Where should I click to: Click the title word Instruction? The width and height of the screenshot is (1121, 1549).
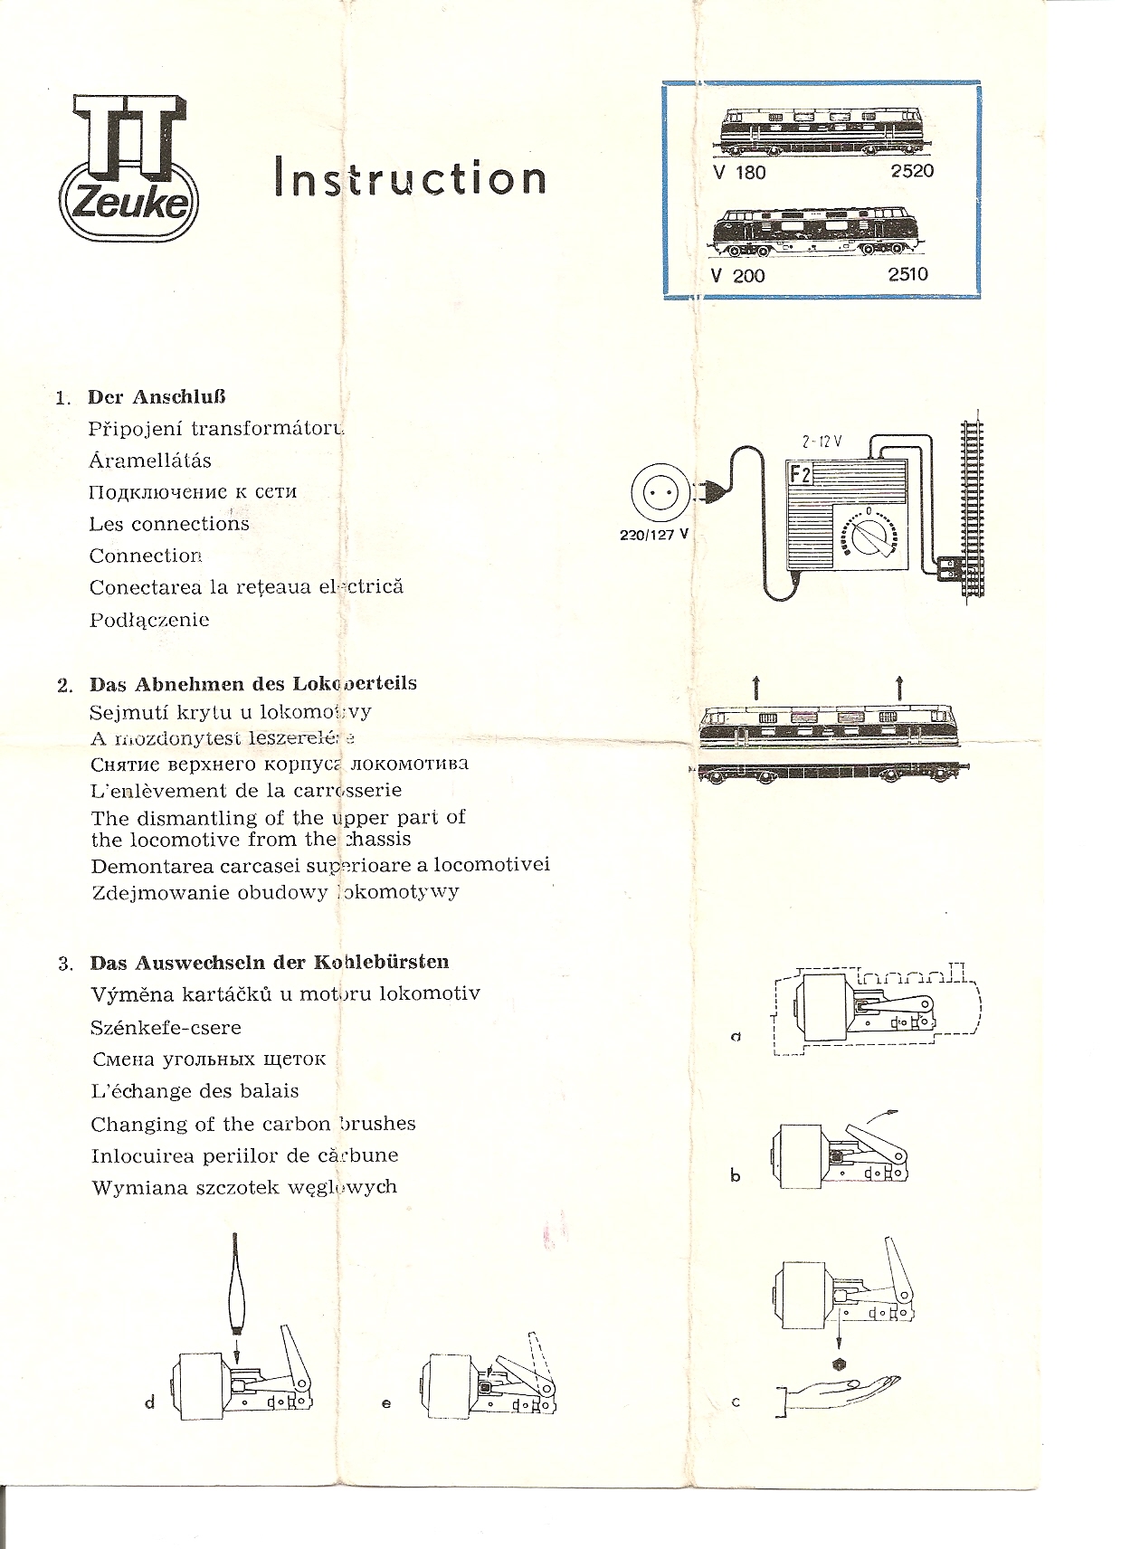pos(410,177)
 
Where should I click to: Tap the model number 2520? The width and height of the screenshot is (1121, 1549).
pos(911,171)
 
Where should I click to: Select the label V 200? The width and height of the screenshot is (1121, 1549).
pos(737,276)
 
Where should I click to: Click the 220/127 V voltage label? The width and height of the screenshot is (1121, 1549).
pos(653,535)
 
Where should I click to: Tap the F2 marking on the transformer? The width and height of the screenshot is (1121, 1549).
pos(801,474)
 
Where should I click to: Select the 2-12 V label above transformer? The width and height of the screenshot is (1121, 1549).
pos(822,442)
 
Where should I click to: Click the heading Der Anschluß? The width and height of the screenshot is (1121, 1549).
pos(157,396)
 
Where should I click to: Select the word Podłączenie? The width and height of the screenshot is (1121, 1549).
pos(149,620)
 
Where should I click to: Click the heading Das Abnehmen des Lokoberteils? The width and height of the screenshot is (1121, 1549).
pos(252,683)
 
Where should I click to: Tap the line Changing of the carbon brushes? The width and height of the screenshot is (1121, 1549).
pos(252,1124)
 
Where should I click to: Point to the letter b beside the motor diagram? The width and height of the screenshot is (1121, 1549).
pos(735,1175)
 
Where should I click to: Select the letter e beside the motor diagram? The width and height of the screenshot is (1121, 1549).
pos(386,1403)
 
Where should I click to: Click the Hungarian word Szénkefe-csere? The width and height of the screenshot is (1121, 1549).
pos(166,1027)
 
